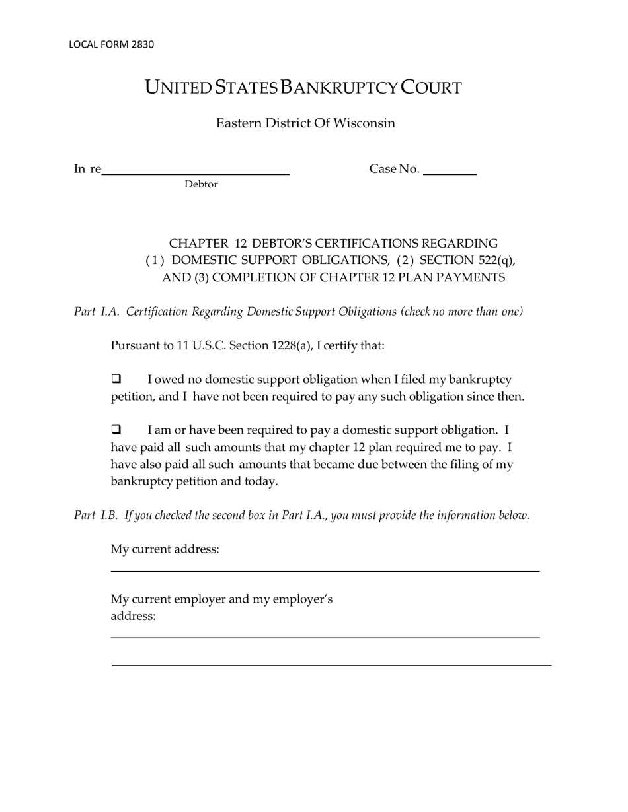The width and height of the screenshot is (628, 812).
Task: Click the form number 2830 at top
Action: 142,44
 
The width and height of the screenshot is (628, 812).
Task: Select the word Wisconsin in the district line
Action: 364,123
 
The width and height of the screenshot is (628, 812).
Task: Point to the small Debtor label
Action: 201,184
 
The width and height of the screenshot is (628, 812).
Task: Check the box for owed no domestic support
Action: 116,379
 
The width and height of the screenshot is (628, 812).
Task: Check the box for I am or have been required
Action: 116,430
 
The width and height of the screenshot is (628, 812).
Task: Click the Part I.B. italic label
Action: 96,515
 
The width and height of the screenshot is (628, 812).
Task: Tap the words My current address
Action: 165,549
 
